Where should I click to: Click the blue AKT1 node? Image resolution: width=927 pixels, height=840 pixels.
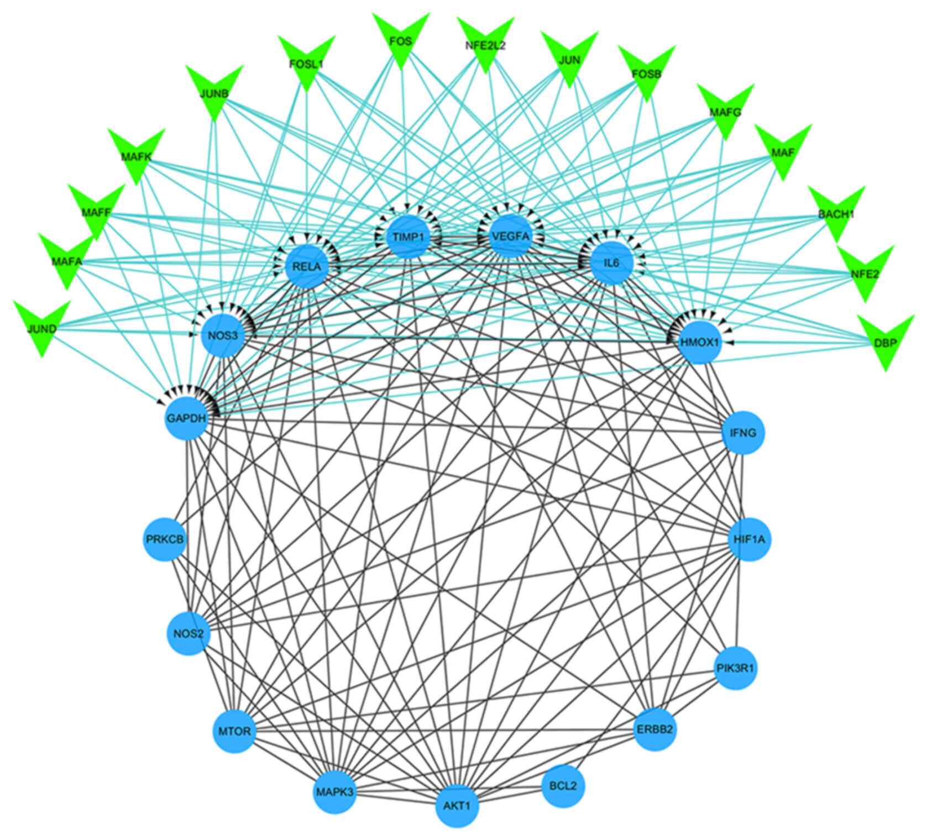coord(457,806)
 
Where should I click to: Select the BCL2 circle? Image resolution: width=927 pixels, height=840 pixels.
coord(563,785)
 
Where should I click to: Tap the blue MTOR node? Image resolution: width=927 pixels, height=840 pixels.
coord(234,732)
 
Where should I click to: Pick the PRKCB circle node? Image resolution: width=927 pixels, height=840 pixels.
coord(165,539)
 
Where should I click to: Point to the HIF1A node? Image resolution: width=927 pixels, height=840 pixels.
coord(749,539)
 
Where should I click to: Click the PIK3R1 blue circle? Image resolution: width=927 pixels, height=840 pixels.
coord(736,669)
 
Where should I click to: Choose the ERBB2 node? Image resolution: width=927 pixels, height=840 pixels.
coord(654,729)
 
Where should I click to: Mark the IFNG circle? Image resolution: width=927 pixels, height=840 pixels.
coord(743,433)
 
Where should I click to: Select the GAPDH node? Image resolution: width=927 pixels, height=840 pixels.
coord(187,419)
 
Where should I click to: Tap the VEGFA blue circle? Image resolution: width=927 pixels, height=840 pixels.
coord(510,237)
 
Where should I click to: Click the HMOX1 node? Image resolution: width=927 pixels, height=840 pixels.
coord(700,343)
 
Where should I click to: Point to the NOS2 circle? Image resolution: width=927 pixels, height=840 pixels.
coord(188,633)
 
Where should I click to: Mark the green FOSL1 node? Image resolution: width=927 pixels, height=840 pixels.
coord(306,63)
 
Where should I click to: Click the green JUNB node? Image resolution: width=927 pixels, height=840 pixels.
coord(214,93)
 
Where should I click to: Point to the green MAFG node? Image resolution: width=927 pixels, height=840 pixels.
coord(725,112)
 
